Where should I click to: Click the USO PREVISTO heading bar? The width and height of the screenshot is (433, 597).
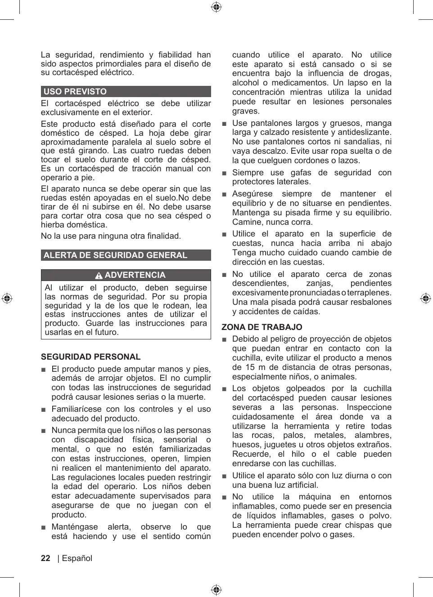[x=126, y=92]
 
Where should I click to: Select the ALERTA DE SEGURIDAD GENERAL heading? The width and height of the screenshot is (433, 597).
[x=126, y=255]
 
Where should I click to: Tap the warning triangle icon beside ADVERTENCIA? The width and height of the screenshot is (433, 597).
[x=99, y=276]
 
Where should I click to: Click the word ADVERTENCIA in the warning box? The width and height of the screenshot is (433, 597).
[x=135, y=275]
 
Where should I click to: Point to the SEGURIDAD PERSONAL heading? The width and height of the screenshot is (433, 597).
[x=90, y=357]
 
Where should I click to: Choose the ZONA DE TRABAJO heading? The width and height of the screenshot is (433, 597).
[x=262, y=327]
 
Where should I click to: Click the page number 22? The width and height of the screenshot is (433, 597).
[x=45, y=558]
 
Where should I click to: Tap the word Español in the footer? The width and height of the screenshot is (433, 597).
[x=77, y=558]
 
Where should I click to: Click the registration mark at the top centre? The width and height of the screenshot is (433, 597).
[x=216, y=7]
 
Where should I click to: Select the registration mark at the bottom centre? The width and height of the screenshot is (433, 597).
[x=216, y=590]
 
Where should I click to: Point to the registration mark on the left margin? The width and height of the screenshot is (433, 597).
[x=7, y=298]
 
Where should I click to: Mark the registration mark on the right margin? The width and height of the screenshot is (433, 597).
[x=426, y=298]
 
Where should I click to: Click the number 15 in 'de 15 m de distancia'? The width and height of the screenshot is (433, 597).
[x=250, y=367]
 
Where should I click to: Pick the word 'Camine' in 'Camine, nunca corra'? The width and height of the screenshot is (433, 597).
[x=246, y=222]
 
